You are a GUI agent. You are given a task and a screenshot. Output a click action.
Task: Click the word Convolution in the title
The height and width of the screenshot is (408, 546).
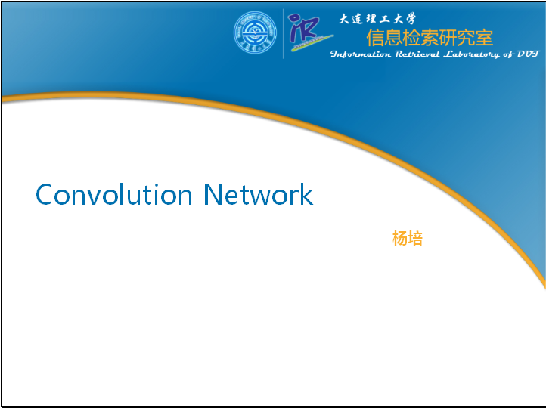coord(114,194)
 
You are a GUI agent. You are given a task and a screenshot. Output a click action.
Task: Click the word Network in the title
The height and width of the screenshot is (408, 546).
coord(258,194)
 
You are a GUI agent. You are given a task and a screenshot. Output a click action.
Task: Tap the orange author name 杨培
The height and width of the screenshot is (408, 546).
coord(408,238)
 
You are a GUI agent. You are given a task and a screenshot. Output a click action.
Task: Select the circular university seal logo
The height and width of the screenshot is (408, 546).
coord(255,32)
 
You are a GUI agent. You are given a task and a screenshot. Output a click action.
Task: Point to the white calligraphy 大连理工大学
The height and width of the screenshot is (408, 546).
coord(377,18)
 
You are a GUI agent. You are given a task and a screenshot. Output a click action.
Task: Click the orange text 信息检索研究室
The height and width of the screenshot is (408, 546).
coord(430,37)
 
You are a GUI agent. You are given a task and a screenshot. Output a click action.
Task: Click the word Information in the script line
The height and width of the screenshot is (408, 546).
coord(361,54)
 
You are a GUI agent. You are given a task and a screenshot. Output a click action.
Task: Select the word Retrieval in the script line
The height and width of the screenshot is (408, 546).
coord(417,54)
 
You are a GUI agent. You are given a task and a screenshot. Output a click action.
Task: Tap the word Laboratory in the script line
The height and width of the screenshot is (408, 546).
coord(471,54)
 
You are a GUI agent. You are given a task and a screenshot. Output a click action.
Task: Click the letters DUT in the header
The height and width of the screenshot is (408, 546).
coord(528,54)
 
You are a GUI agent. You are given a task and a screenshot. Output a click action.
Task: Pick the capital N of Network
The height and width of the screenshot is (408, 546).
coord(213,194)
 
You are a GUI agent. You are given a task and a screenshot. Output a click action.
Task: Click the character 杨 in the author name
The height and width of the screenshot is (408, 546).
coord(400,238)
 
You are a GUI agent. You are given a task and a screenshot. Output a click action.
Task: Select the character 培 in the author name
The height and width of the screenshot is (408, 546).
coord(415,238)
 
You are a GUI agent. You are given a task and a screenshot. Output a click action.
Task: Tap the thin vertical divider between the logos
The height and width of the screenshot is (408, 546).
coord(283,34)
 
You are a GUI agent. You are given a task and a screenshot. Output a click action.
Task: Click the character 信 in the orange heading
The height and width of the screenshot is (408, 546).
coord(375,37)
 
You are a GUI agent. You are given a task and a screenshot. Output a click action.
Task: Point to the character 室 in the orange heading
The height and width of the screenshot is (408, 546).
coord(484,37)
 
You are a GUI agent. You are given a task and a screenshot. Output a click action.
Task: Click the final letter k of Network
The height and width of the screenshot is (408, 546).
coord(306,194)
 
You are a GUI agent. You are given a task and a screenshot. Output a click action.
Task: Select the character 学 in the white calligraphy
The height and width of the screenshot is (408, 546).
coord(410,18)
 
